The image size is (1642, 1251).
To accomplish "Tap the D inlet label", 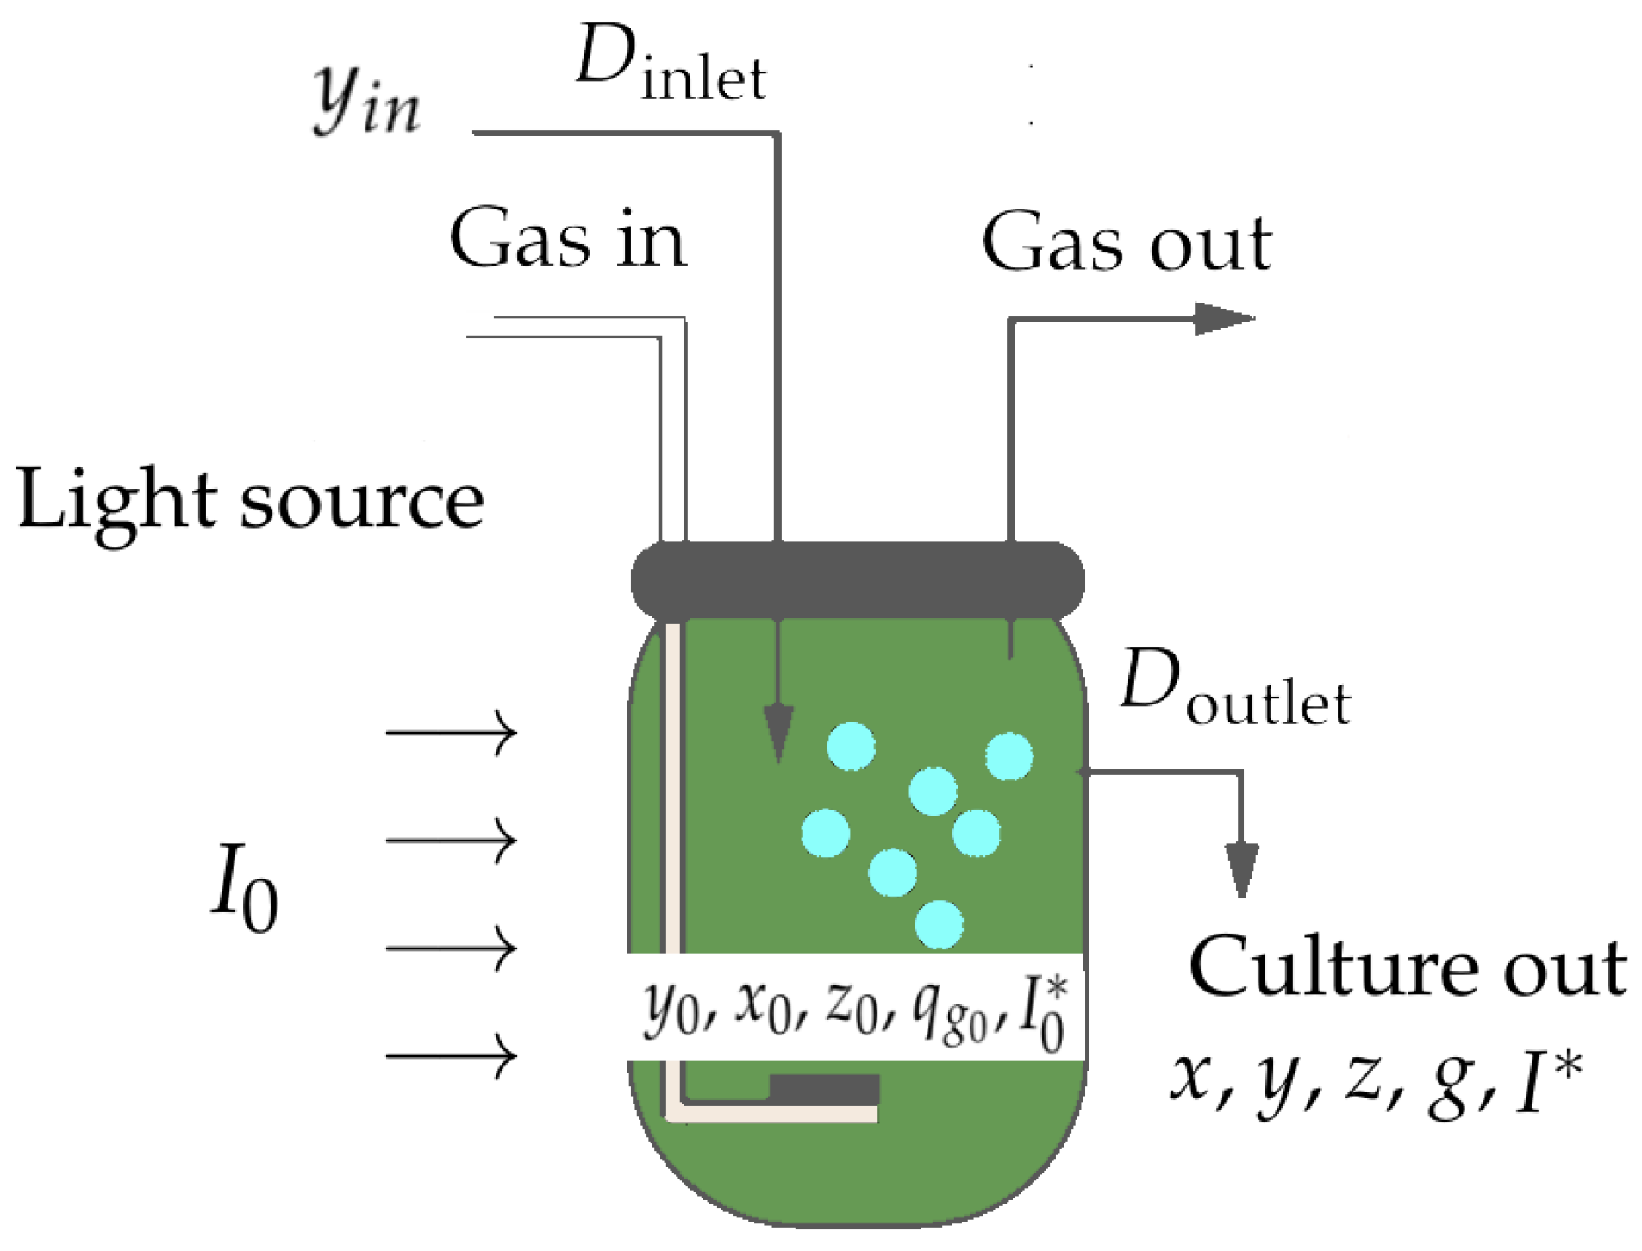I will pyautogui.click(x=671, y=65).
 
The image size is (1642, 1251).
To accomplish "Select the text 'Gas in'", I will pyautogui.click(x=567, y=240).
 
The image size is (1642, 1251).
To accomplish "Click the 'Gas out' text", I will pyautogui.click(x=1126, y=244).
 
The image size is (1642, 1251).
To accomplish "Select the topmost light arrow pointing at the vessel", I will pyautogui.click(x=451, y=733).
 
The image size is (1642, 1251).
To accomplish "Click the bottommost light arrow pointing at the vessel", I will pyautogui.click(x=451, y=1055).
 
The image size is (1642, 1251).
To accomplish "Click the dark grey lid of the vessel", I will pyautogui.click(x=857, y=579).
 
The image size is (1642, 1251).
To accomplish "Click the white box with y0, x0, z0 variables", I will pyautogui.click(x=853, y=1006).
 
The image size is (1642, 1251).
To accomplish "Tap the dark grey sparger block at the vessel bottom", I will pyautogui.click(x=824, y=1089).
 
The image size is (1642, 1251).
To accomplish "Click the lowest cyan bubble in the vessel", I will pyautogui.click(x=939, y=924).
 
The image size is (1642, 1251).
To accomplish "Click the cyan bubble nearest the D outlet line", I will pyautogui.click(x=1009, y=756).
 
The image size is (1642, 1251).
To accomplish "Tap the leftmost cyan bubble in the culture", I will pyautogui.click(x=826, y=833).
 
